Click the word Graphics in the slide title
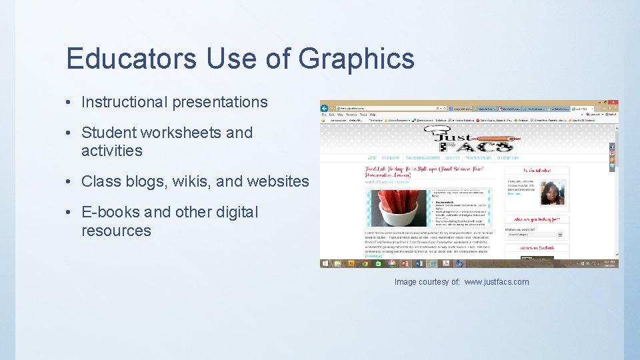coord(357,59)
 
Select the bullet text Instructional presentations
coord(174,102)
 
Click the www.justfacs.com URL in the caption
coord(496,282)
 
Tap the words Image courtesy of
coord(427,282)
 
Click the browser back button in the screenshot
coord(325,107)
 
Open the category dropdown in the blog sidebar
coord(535,235)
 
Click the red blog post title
coord(414,171)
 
